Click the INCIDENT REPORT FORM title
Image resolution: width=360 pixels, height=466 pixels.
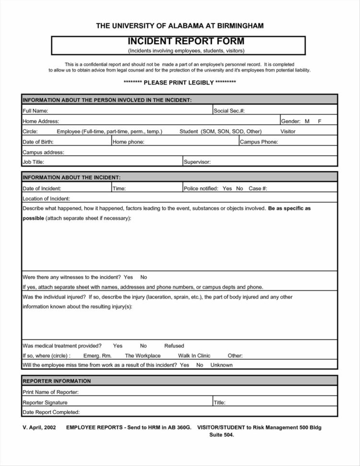tap(186, 41)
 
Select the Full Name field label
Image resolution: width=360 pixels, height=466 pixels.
tap(34, 111)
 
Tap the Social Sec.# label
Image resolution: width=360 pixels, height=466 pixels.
tap(229, 111)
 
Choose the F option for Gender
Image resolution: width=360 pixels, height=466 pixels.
tap(319, 122)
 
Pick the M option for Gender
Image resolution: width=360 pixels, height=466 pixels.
tap(307, 122)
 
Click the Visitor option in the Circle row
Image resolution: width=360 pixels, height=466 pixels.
tap(288, 132)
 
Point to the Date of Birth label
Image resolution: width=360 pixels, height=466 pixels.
tap(38, 142)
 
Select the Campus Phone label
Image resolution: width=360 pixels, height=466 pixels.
tap(259, 142)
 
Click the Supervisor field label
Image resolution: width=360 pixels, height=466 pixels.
tap(197, 162)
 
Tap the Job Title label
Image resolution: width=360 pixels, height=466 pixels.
tap(33, 162)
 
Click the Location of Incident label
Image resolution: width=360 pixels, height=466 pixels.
tap(46, 199)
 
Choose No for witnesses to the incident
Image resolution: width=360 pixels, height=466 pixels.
tap(144, 277)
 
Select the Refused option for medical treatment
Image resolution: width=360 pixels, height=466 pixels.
tap(174, 346)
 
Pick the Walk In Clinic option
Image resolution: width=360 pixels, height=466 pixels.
tap(194, 356)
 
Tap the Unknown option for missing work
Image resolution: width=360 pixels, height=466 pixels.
tap(221, 365)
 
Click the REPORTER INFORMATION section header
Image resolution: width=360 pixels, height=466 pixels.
tap(57, 381)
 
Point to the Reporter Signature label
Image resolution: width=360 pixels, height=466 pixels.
tap(45, 403)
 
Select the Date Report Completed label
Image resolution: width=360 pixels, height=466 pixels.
tap(51, 412)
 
